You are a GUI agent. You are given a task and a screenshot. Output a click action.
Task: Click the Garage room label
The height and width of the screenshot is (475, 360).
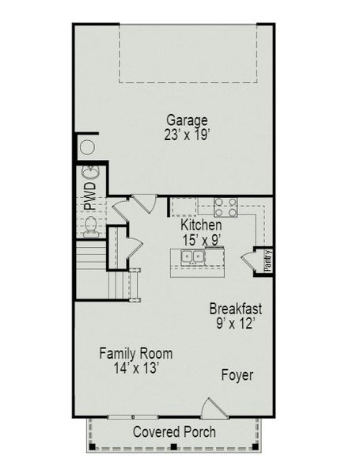click(187, 120)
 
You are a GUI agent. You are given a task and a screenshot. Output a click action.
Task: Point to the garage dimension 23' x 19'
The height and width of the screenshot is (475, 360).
click(187, 135)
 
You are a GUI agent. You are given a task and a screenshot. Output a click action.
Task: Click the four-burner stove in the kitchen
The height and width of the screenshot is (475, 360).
click(225, 207)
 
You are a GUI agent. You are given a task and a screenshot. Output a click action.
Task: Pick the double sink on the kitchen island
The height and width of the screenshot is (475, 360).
click(191, 256)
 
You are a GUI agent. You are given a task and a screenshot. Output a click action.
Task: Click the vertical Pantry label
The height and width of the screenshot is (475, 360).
click(268, 261)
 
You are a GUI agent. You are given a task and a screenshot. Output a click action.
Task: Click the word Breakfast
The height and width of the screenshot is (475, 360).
click(235, 309)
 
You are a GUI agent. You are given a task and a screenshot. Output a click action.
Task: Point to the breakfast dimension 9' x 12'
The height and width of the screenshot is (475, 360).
click(235, 323)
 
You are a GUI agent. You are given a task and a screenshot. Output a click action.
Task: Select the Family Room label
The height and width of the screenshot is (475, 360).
click(135, 354)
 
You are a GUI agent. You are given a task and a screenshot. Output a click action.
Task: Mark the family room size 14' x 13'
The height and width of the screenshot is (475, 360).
click(135, 368)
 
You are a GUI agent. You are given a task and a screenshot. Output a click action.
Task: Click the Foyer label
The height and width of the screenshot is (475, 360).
click(237, 375)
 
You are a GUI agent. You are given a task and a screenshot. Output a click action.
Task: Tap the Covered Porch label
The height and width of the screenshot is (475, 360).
click(173, 432)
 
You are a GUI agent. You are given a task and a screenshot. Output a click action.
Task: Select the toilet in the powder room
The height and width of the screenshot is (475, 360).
click(90, 228)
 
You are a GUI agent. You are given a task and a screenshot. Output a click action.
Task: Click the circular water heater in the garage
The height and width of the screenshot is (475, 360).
click(87, 148)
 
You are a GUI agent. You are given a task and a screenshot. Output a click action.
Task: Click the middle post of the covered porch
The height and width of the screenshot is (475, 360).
click(174, 448)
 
